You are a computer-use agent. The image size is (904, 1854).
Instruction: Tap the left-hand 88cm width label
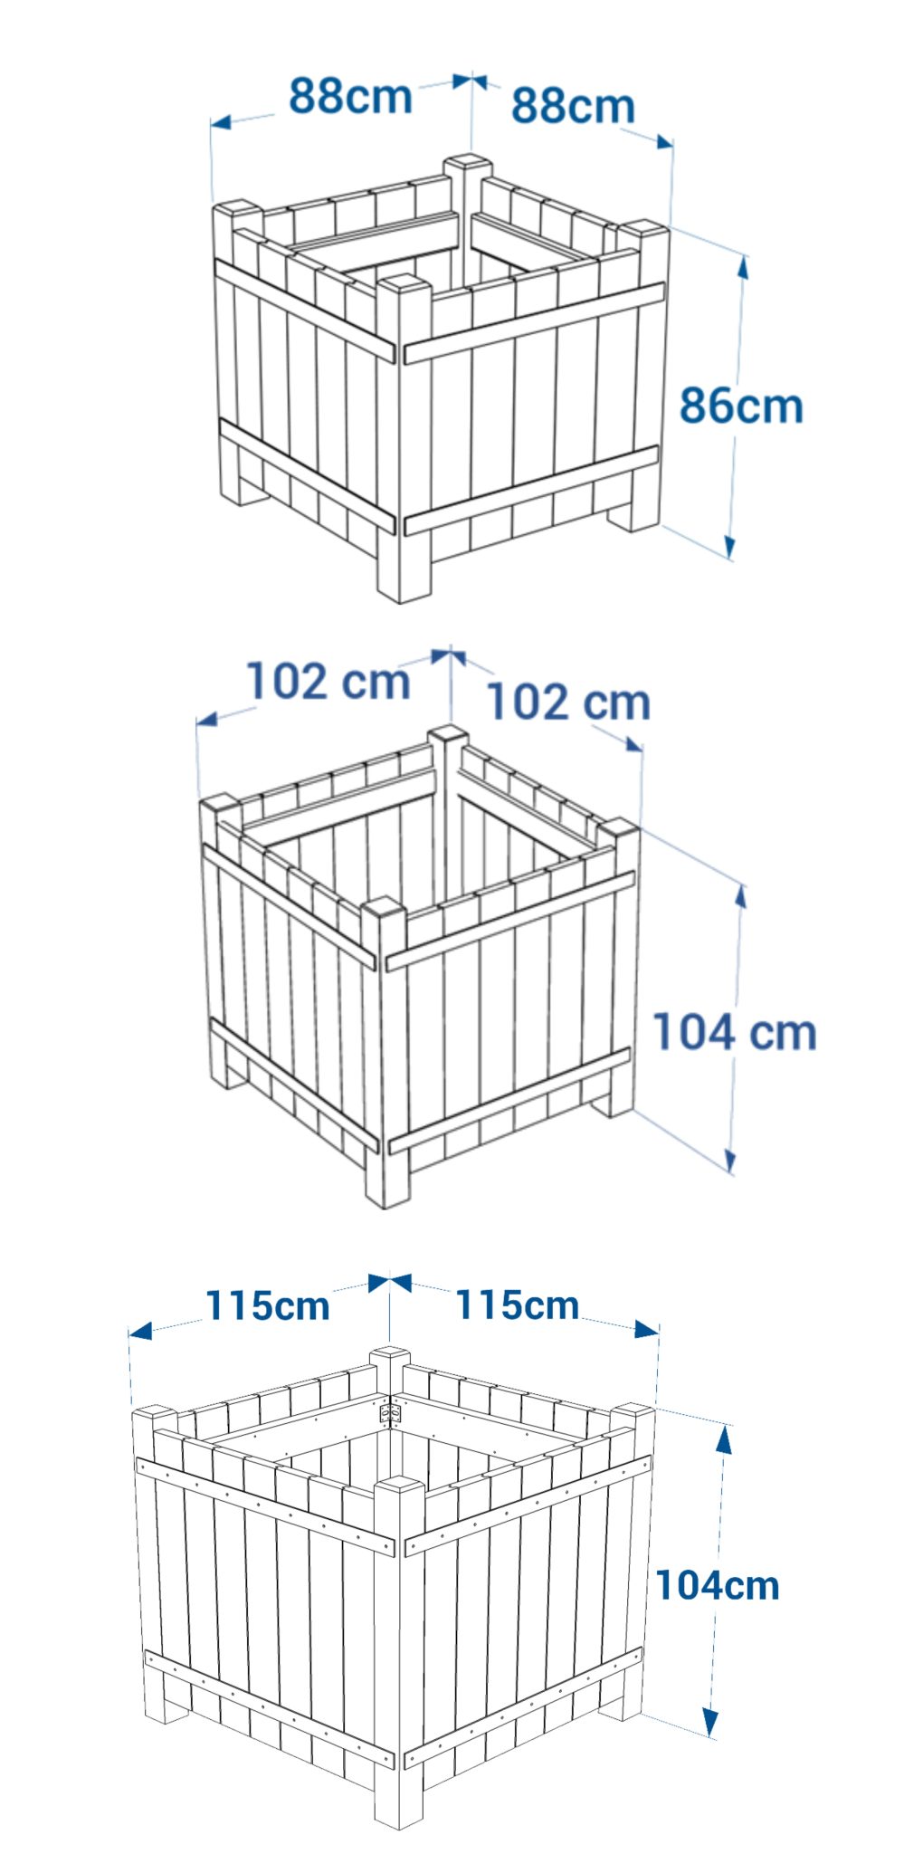[x=350, y=95]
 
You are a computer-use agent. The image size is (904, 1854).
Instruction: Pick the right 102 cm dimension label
[x=569, y=702]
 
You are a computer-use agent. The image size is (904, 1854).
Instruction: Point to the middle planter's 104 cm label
[x=734, y=1032]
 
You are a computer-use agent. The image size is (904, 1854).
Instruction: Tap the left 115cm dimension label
[x=268, y=1304]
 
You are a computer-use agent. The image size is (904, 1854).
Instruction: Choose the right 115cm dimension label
[x=517, y=1304]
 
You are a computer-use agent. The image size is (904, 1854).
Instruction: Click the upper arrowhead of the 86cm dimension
[x=744, y=267]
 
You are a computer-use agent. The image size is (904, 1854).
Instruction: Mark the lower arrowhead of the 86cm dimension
[x=729, y=546]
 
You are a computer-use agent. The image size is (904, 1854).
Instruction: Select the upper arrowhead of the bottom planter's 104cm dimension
[x=724, y=1438]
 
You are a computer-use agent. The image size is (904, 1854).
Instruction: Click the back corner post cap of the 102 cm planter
[x=448, y=734]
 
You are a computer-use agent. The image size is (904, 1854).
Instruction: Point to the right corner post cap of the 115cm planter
[x=633, y=1410]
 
